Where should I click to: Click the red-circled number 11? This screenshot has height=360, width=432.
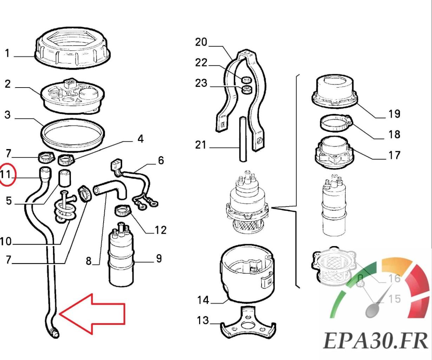7,174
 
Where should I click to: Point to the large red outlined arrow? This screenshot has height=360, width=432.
93,313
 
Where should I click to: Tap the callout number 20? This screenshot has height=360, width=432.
201,42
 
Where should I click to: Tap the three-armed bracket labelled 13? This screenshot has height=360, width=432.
248,322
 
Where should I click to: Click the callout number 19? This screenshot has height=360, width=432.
394,114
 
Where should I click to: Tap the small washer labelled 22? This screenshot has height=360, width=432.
247,78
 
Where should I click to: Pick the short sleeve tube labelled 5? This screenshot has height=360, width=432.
65,177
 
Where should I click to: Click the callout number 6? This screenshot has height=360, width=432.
161,161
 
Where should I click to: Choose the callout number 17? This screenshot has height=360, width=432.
394,155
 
